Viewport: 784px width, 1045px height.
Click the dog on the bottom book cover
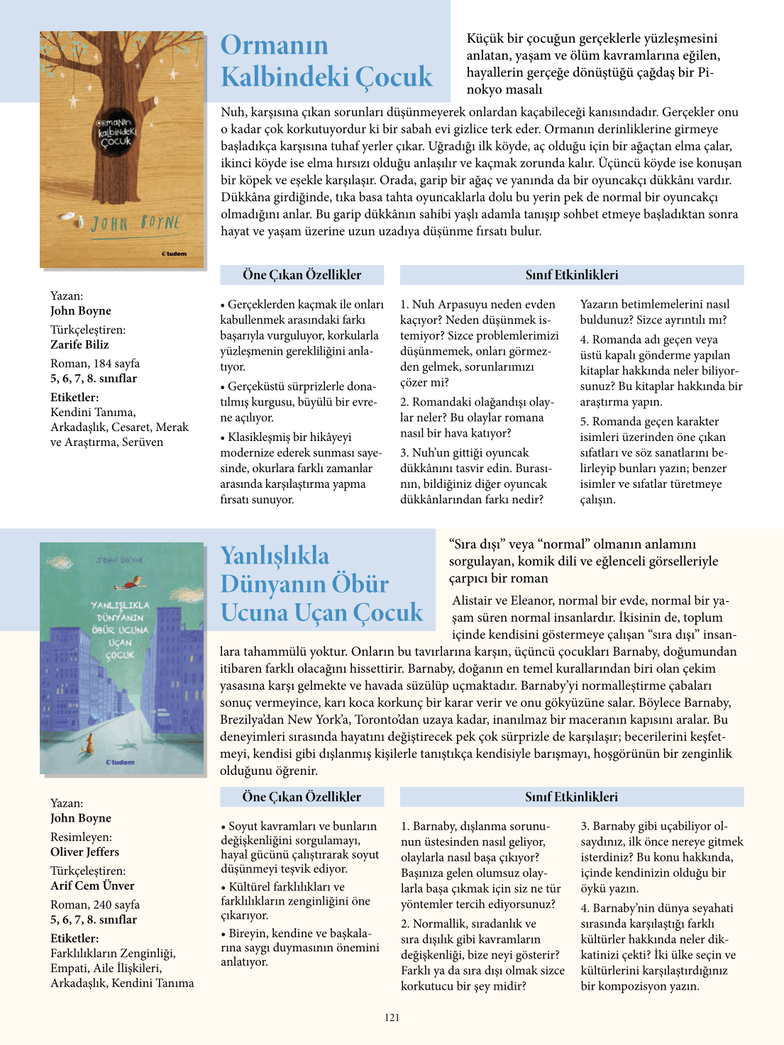[89, 744]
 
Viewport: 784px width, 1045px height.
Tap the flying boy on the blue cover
[128, 585]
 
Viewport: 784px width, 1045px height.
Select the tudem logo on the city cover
[120, 762]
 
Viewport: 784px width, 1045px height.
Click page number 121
[392, 1017]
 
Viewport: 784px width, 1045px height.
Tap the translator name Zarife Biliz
[79, 345]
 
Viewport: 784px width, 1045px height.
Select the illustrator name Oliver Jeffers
[84, 851]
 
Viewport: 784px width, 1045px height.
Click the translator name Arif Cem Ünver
[92, 885]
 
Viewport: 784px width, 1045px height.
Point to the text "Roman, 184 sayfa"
[95, 363]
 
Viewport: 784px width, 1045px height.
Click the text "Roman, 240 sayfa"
[95, 905]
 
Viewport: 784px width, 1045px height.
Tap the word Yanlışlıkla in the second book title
[275, 554]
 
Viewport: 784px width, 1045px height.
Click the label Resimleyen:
[81, 837]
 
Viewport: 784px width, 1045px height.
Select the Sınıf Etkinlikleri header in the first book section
[571, 275]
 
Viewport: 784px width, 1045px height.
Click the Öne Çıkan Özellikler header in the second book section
[302, 797]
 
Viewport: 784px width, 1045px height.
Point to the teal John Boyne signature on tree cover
[136, 223]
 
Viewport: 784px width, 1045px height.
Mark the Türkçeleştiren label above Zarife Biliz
[88, 330]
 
